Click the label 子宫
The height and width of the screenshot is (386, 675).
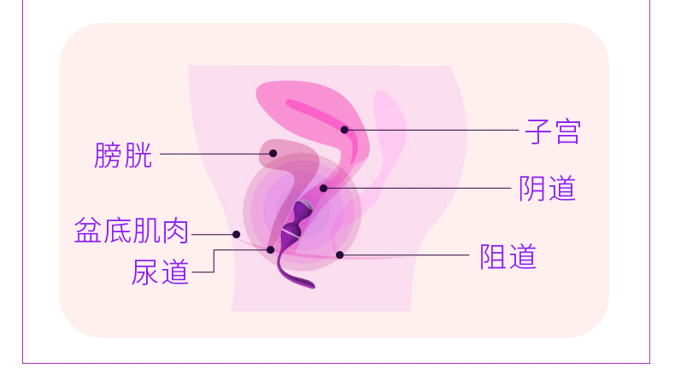(551, 132)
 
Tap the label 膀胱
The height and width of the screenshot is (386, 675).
(124, 155)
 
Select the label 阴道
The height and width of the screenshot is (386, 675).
(548, 188)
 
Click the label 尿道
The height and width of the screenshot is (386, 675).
(160, 272)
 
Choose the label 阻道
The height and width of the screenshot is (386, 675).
(508, 256)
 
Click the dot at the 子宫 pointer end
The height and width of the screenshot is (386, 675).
(345, 130)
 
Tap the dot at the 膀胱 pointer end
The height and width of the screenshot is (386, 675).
(273, 154)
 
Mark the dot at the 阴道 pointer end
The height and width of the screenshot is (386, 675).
(324, 187)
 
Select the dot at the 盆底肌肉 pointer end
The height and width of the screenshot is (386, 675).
(237, 233)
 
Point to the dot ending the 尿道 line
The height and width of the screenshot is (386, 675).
(271, 249)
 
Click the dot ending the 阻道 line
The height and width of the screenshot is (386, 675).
(340, 254)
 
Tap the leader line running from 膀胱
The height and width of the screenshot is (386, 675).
(214, 155)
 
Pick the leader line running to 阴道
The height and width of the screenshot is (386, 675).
(419, 188)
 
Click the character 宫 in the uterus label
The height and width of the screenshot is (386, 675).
(566, 132)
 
